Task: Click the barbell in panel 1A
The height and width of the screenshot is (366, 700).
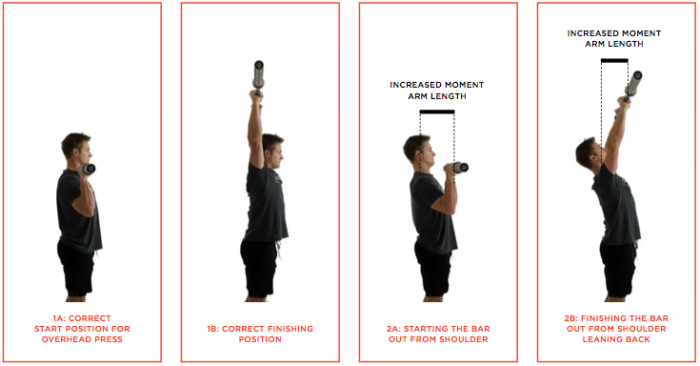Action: click(x=89, y=169)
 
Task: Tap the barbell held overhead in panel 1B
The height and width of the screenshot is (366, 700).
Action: click(x=257, y=74)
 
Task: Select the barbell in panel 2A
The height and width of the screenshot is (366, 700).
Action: click(x=459, y=168)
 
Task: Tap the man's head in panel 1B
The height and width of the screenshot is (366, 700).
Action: click(x=272, y=149)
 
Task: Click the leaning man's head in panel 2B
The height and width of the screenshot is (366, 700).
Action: click(x=587, y=152)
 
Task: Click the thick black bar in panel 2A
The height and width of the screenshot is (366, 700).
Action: click(x=437, y=112)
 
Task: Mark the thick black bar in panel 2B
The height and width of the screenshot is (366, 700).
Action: click(x=614, y=61)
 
